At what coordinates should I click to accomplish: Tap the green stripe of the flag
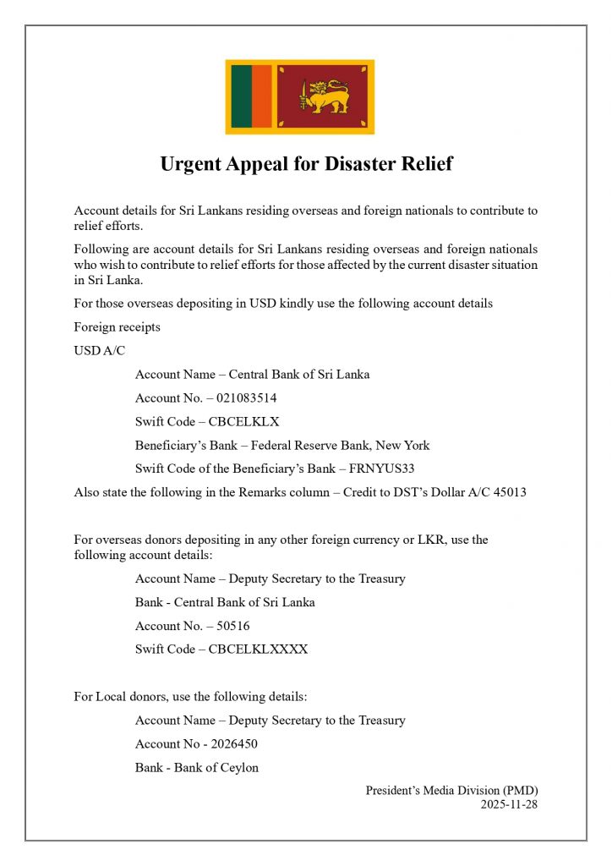[241, 97]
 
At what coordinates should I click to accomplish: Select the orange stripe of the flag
[261, 97]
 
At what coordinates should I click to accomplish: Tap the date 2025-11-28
[509, 804]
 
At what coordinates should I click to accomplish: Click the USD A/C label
[99, 350]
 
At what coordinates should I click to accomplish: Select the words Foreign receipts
[117, 326]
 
